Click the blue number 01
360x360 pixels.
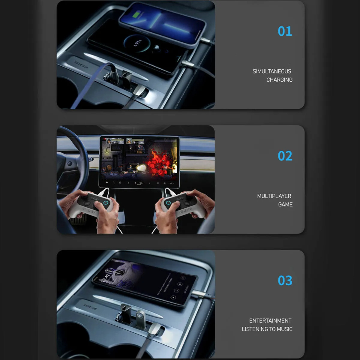tap(285, 31)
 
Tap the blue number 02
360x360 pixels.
tap(285, 156)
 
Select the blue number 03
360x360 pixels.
tap(285, 280)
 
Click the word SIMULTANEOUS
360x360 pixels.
tap(272, 71)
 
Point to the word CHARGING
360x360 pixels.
tap(279, 80)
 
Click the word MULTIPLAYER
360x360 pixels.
tap(274, 196)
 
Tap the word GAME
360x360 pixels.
tap(285, 204)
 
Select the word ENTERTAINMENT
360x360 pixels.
tap(270, 321)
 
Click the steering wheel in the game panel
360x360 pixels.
tap(72, 162)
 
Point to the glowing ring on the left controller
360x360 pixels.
tap(106, 203)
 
